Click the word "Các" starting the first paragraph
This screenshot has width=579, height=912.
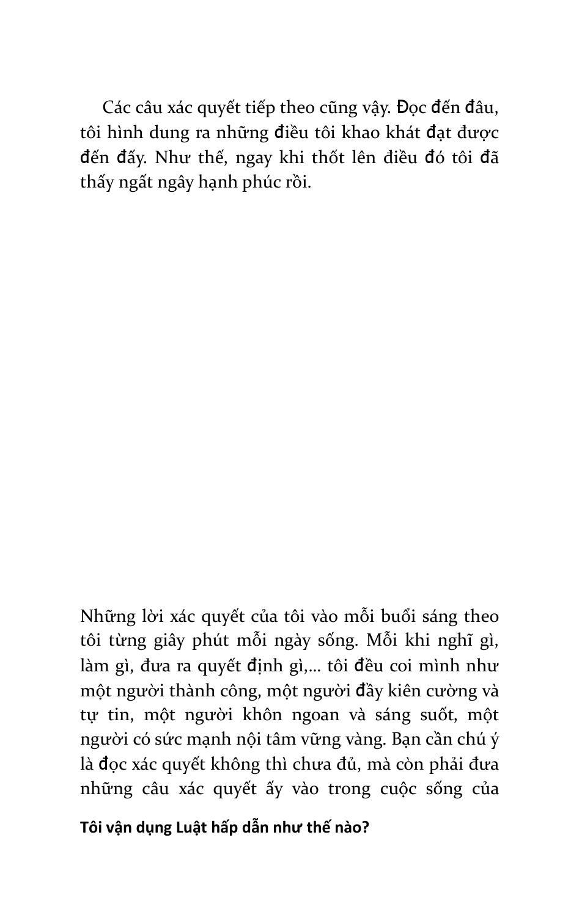(x=116, y=108)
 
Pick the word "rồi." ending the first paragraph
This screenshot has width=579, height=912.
(x=297, y=182)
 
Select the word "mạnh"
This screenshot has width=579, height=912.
(x=207, y=740)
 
